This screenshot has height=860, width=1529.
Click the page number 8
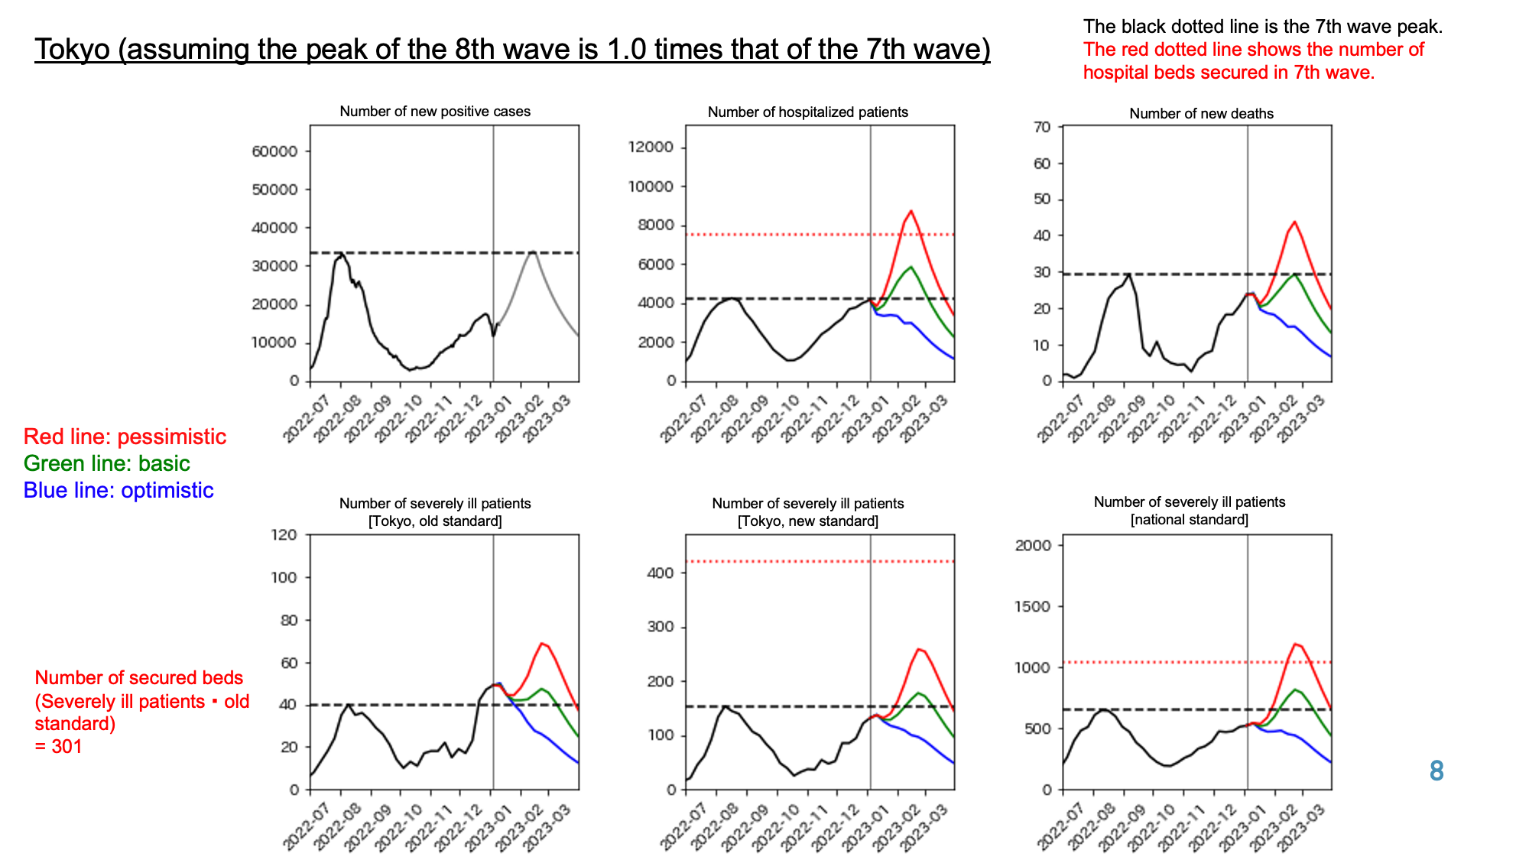click(1436, 771)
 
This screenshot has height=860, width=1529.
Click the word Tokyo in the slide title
click(73, 50)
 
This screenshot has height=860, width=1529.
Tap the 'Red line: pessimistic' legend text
click(125, 436)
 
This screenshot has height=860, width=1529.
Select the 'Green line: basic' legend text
click(106, 463)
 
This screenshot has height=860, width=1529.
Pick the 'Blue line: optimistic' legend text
click(118, 490)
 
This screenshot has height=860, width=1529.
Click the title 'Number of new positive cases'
click(435, 112)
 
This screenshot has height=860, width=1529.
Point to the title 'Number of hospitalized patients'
click(807, 112)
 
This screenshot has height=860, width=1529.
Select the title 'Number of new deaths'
click(1201, 114)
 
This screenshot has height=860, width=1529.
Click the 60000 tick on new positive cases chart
click(274, 151)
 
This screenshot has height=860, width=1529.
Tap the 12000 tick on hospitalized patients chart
click(651, 147)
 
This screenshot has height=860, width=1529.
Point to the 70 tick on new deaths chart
click(1043, 127)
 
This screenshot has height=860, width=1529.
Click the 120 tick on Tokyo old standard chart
click(284, 534)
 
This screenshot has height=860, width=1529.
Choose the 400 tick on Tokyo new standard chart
click(660, 573)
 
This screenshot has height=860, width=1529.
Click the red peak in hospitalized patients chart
click(911, 211)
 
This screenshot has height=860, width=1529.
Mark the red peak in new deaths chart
click(1294, 222)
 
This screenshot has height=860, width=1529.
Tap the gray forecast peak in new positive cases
click(533, 252)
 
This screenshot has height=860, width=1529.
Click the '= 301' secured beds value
click(59, 746)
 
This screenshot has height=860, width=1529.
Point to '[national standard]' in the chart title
click(1189, 520)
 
